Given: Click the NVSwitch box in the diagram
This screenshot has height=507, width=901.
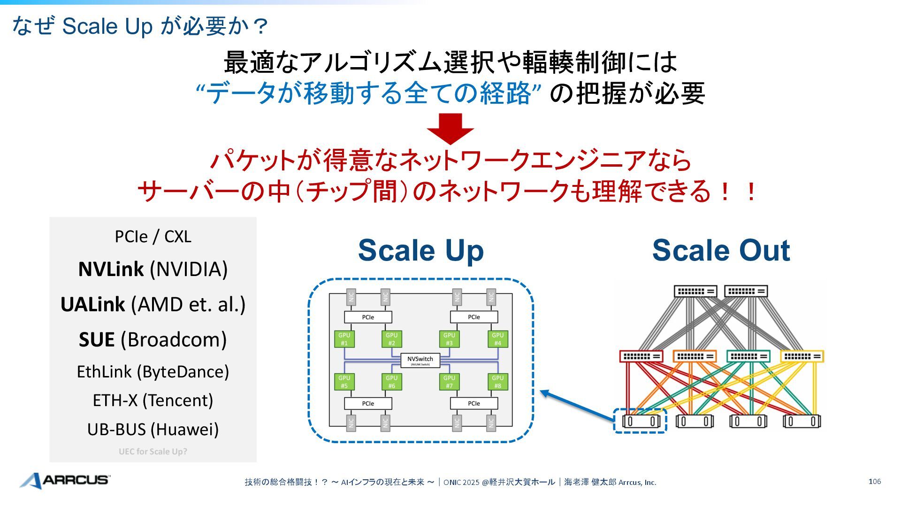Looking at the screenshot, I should point(420,360).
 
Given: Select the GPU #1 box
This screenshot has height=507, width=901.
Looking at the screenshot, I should point(344,339).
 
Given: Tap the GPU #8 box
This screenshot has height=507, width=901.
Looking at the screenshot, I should point(497,382).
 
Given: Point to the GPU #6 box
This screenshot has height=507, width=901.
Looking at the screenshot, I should point(391,382).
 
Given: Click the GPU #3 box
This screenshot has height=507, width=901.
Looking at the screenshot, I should point(449,339).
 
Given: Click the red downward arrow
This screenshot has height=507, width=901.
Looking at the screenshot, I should point(450,128).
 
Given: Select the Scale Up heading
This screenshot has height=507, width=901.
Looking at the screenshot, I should point(420,250).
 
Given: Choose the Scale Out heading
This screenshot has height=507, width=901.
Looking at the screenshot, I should point(721,250).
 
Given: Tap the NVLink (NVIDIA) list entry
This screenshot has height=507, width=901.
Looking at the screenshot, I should point(153,269).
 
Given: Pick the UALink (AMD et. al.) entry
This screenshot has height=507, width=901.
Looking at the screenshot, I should point(153,305).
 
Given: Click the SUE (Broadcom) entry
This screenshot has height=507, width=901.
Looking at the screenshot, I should point(153,340).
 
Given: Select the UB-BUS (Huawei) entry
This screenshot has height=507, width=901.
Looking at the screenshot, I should point(153,429).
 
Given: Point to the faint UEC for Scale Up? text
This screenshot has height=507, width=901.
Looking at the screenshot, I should point(153,452).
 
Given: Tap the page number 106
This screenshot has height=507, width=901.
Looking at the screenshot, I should point(874,482).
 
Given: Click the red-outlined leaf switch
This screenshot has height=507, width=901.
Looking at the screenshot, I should point(641,356).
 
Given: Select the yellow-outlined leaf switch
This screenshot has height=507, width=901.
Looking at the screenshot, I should point(802,356).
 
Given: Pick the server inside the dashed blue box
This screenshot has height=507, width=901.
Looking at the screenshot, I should point(641,421).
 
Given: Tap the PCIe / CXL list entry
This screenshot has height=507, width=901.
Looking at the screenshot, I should point(153,237).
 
